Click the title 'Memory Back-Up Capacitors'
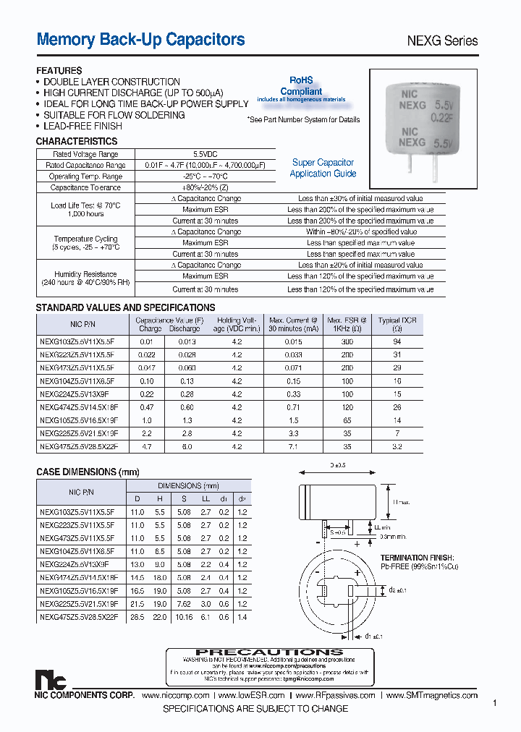click(x=140, y=40)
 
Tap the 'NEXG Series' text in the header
click(x=439, y=41)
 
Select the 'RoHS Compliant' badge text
click(x=301, y=87)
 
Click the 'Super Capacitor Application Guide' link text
click(x=323, y=168)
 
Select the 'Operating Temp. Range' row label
click(x=85, y=176)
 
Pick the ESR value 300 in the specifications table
click(x=347, y=341)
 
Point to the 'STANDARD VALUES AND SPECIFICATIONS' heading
click(x=125, y=307)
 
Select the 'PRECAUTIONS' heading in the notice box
click(x=269, y=652)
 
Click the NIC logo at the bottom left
click(x=50, y=681)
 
